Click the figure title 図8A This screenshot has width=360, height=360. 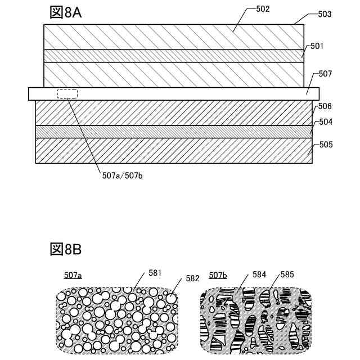66,12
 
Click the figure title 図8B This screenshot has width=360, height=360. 66,249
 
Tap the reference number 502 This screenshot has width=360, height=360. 262,9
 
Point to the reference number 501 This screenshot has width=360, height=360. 317,47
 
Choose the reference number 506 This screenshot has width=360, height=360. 325,106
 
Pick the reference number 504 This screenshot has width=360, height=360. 326,121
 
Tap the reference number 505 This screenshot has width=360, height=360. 326,144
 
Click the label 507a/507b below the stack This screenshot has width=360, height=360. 123,175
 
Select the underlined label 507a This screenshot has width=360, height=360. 73,275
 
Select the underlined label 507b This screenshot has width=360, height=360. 218,275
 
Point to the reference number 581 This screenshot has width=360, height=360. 155,273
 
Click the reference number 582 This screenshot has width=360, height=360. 192,278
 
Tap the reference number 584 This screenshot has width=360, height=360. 259,274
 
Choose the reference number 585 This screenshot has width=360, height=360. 287,275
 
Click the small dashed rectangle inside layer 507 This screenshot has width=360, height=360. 67,93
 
